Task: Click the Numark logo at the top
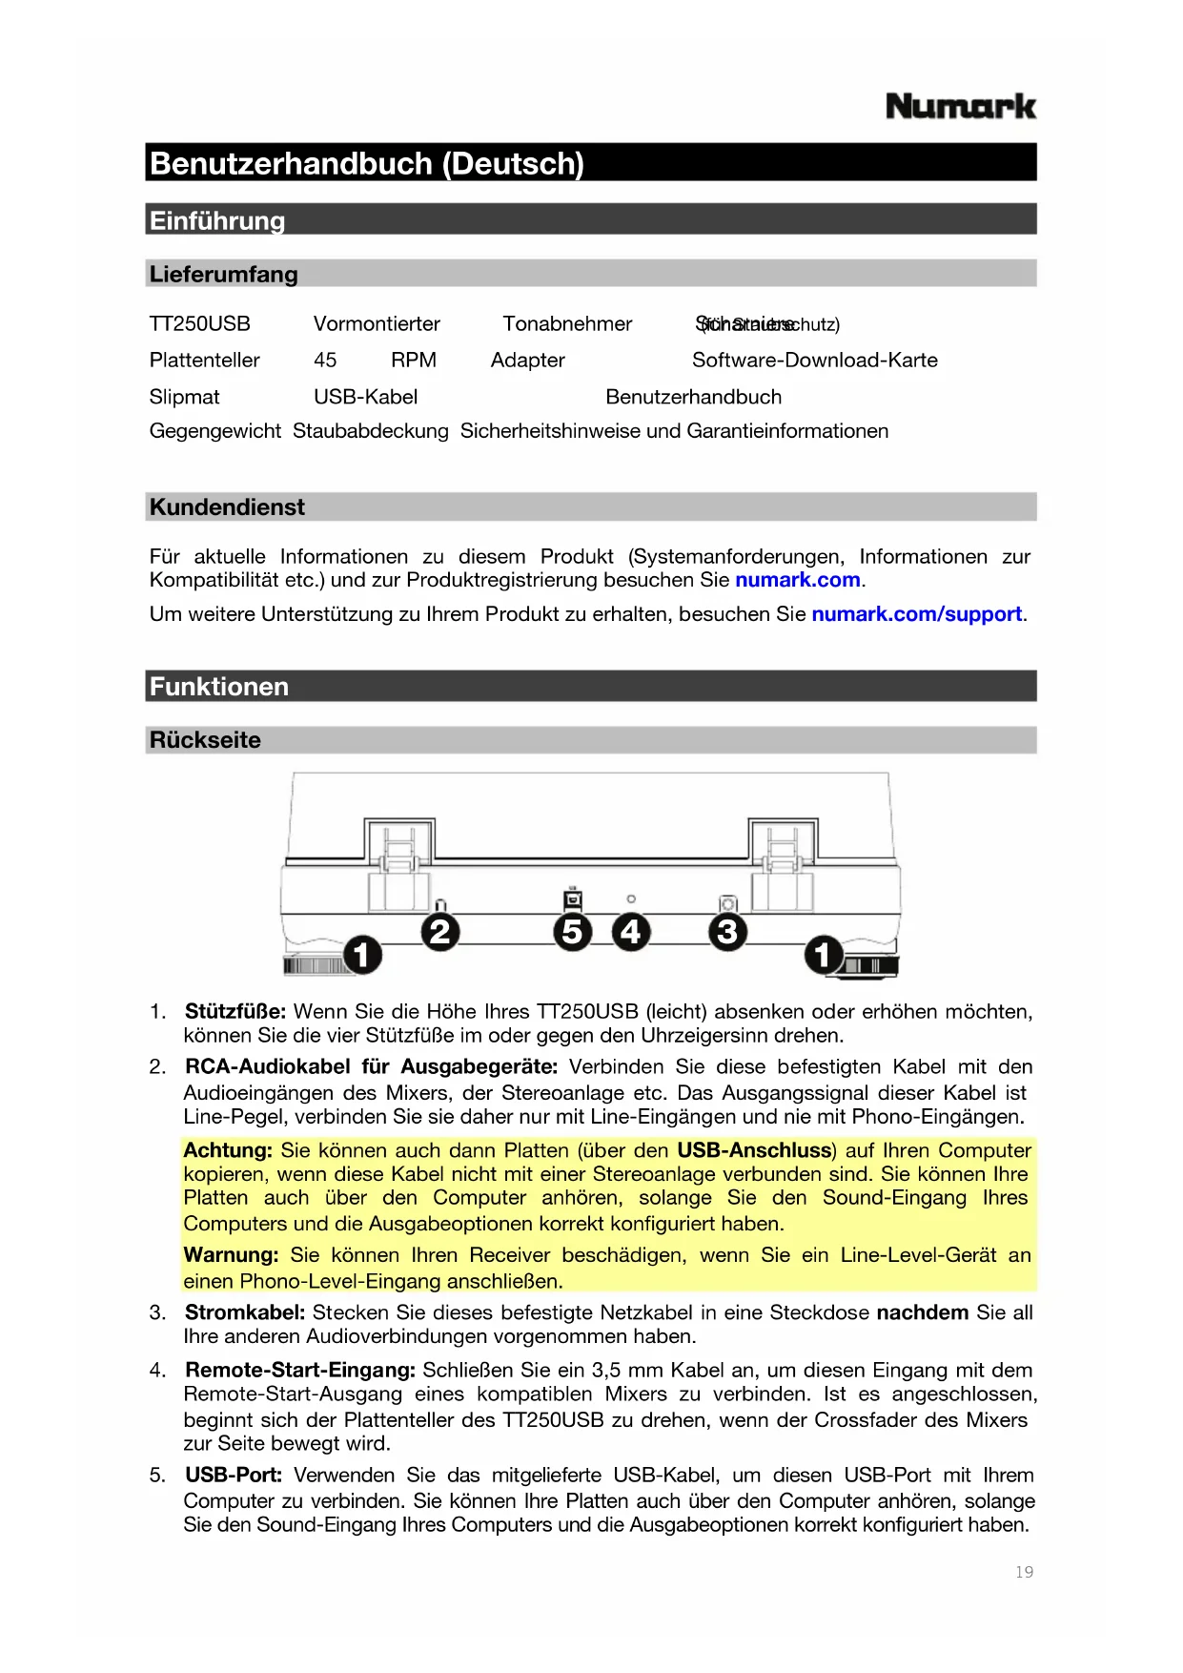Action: [960, 106]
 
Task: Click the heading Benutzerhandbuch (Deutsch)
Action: [367, 163]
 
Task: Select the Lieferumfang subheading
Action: [223, 275]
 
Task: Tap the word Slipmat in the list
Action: [184, 397]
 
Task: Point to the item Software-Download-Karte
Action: [814, 361]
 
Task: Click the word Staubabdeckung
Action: [370, 431]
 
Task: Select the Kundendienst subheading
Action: [227, 507]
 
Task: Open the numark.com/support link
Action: [915, 614]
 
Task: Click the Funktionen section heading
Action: [218, 687]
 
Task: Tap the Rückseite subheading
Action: [205, 740]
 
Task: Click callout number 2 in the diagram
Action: [440, 932]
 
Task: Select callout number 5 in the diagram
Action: [572, 932]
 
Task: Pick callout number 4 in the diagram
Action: [631, 932]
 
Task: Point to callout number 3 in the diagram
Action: [727, 932]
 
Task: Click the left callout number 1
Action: [362, 954]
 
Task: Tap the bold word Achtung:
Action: [228, 1150]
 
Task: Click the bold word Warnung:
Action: [231, 1255]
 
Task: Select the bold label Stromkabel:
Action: [245, 1313]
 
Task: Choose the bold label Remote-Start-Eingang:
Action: [299, 1371]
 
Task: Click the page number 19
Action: [1024, 1572]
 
